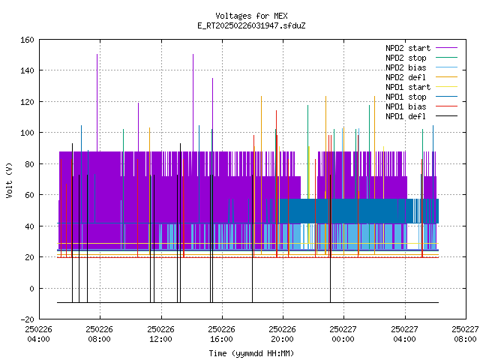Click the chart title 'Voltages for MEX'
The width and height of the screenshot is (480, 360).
pos(251,16)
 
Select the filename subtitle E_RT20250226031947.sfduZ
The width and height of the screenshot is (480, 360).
pos(251,25)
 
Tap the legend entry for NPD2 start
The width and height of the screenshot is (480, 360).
pos(421,48)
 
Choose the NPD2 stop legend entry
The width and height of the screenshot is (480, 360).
pos(421,58)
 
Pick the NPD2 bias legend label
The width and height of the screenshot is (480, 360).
pos(421,67)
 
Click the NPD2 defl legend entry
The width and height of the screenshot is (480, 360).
pos(421,77)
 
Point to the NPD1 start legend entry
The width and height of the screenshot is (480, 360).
pos(421,87)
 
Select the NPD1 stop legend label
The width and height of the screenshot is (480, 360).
pos(421,97)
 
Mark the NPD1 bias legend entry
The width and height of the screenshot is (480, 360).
pos(421,106)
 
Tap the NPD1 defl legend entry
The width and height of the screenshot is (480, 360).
pos(421,117)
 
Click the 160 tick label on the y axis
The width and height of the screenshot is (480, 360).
pos(27,40)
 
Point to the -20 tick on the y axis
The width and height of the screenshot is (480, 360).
pos(27,319)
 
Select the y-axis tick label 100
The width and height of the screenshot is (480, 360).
pos(27,133)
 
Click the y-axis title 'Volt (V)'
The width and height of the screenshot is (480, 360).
pos(10,181)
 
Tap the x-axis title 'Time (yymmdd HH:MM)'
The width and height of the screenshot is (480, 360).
pos(251,353)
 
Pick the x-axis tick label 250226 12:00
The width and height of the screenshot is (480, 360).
pos(160,334)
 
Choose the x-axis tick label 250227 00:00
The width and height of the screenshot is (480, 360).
pos(343,334)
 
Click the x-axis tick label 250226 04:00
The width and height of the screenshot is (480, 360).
pos(38,334)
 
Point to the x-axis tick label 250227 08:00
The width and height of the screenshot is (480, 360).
pos(465,334)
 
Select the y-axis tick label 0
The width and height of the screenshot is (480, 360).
pos(31,289)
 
